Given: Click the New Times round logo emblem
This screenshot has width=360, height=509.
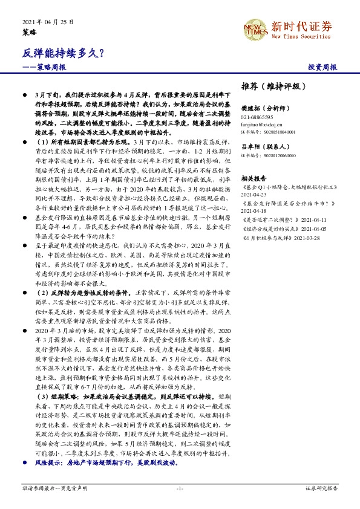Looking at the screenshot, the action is click(x=256, y=28).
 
